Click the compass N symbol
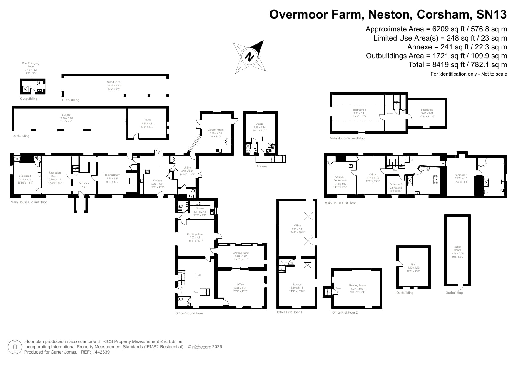[x=250, y=57]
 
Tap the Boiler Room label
[x=457, y=249]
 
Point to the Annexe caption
[x=262, y=166]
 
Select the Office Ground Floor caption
[x=189, y=313]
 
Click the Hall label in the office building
[x=199, y=275]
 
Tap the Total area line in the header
[x=457, y=65]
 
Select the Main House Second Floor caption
[x=348, y=138]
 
